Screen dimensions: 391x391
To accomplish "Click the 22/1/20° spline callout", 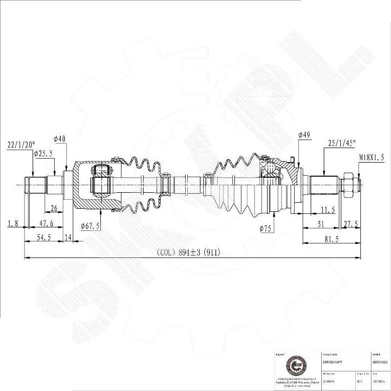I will [21, 145].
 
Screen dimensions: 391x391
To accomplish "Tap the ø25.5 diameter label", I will [43, 154].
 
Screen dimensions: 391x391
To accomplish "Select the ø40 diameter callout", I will [60, 139].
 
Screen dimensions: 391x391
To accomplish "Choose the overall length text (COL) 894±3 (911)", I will [188, 252].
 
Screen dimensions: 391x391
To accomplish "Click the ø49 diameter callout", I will [304, 135].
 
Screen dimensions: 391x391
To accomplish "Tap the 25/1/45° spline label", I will [342, 143].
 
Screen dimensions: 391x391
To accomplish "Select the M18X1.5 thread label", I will [371, 157].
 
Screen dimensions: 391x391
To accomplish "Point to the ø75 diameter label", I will [266, 228].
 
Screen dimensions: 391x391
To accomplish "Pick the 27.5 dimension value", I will [351, 224].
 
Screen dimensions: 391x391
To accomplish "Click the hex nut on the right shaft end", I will [347, 184].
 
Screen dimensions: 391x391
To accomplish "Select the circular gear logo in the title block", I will [293, 365].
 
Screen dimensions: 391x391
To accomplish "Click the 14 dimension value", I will [68, 238].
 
